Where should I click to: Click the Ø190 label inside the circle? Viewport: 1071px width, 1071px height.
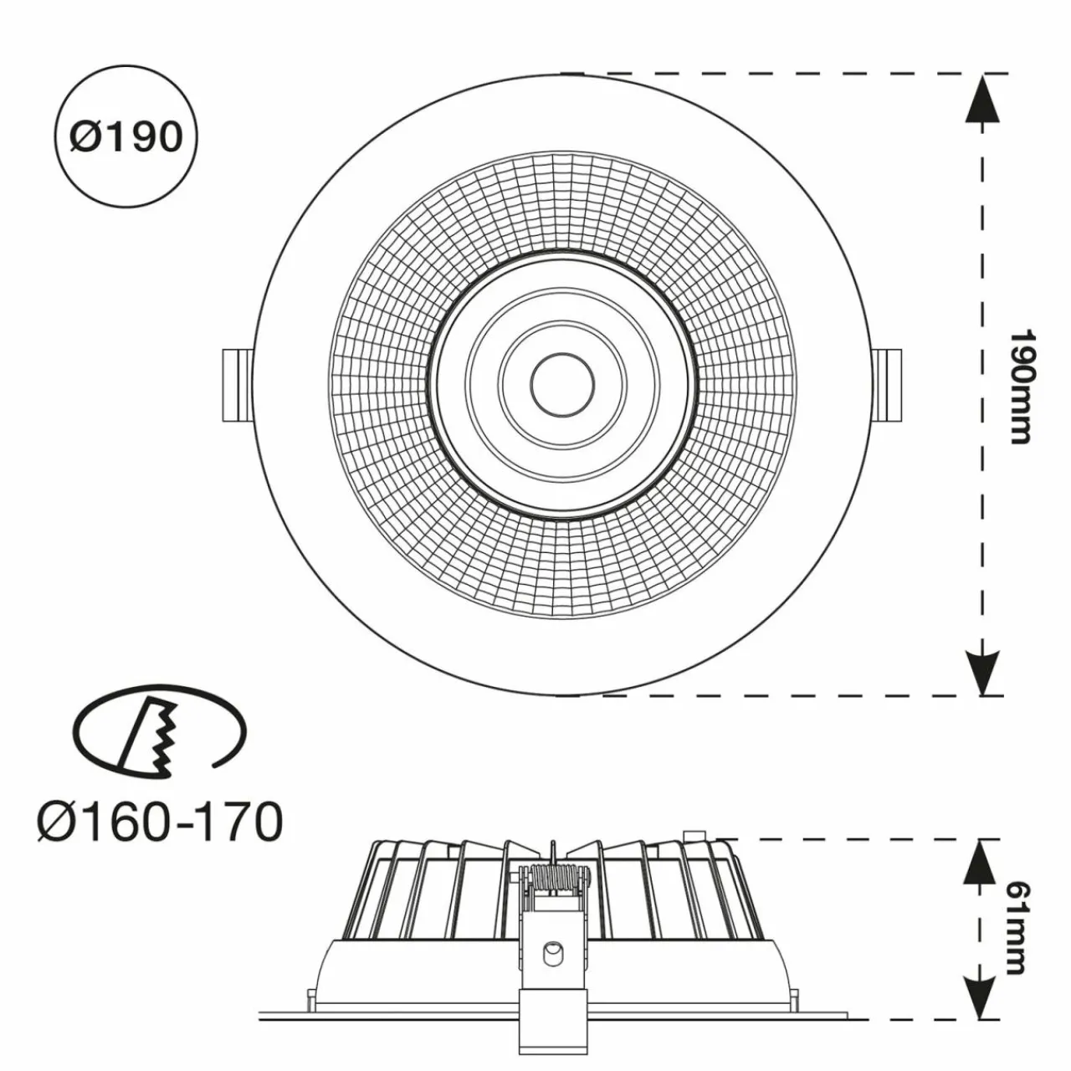[x=126, y=136]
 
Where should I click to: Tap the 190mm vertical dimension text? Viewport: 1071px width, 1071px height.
[x=1022, y=387]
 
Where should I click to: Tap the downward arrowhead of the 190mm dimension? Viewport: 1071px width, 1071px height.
[x=982, y=672]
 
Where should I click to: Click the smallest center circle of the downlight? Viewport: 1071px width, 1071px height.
[x=562, y=385]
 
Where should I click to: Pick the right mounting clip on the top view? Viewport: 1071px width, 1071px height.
[x=886, y=385]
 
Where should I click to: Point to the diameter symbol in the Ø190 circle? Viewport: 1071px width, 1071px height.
[x=85, y=137]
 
